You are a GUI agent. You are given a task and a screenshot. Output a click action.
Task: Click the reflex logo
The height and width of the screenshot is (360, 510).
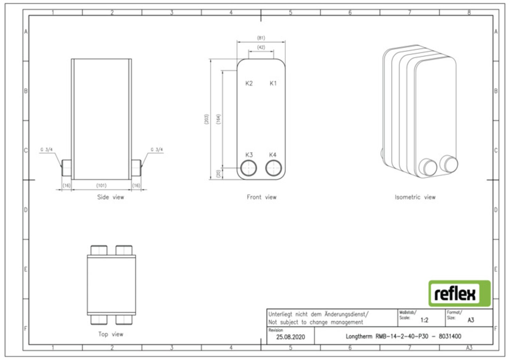pyautogui.click(x=459, y=293)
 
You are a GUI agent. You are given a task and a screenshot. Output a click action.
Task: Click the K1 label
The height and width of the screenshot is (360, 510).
pyautogui.click(x=273, y=83)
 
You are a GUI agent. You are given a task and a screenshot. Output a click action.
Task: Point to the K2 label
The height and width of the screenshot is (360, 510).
pyautogui.click(x=249, y=83)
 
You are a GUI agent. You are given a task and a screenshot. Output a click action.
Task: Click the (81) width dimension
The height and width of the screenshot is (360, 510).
pyautogui.click(x=261, y=38)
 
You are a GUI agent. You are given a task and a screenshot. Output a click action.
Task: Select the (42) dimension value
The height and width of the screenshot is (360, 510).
pyautogui.click(x=261, y=47)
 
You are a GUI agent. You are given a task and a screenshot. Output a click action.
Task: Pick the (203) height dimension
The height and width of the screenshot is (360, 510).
pyautogui.click(x=206, y=119)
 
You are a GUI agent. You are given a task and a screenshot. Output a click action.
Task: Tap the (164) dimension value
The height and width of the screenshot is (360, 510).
pyautogui.click(x=218, y=119)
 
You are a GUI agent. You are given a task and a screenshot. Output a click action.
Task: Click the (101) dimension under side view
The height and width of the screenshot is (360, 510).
pyautogui.click(x=101, y=186)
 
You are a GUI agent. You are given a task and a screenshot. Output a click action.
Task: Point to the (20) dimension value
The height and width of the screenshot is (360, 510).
pyautogui.click(x=218, y=174)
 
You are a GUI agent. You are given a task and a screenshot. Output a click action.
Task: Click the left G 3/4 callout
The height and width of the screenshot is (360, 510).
pyautogui.click(x=47, y=150)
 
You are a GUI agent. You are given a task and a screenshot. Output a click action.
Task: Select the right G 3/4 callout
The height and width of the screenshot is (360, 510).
pyautogui.click(x=157, y=150)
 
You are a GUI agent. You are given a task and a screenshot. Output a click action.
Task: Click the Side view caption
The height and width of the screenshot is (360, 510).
pyautogui.click(x=111, y=197)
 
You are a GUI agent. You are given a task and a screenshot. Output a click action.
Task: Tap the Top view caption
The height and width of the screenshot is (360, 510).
pyautogui.click(x=111, y=334)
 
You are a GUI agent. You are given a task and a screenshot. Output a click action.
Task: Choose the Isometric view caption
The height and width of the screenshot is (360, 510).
pyautogui.click(x=415, y=197)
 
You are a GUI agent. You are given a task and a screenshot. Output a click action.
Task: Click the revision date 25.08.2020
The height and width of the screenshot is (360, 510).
pyautogui.click(x=290, y=337)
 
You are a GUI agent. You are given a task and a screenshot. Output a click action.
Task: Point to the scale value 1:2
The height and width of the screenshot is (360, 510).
pyautogui.click(x=424, y=320)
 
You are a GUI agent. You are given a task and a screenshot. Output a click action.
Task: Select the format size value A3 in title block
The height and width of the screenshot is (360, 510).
pyautogui.click(x=471, y=320)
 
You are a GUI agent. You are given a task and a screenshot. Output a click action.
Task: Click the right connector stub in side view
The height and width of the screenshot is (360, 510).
pyautogui.click(x=136, y=168)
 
